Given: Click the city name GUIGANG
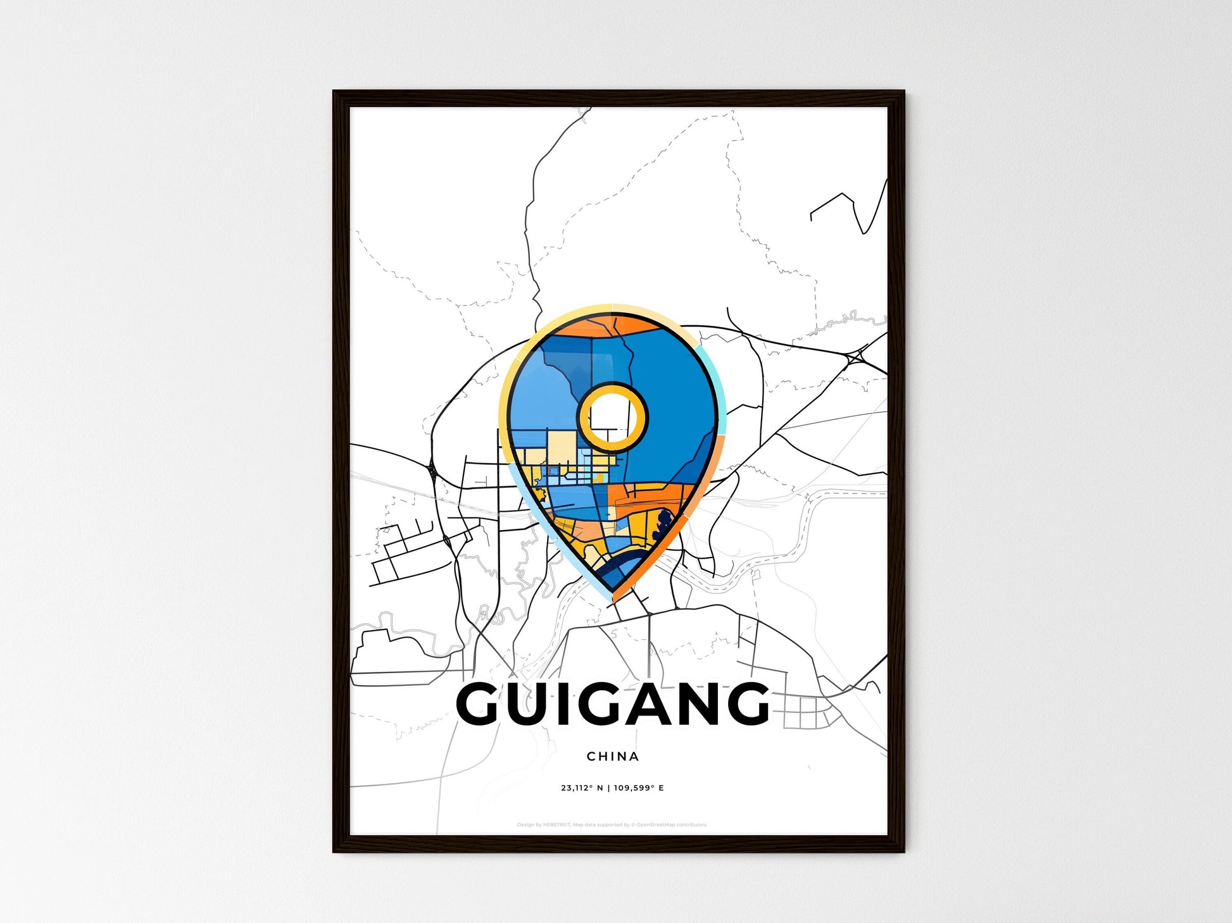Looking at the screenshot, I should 612,703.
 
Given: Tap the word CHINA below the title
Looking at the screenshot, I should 612,756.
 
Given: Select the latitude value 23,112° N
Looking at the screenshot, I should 581,788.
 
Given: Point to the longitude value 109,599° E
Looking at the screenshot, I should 639,788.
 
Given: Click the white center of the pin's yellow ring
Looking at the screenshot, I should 612,417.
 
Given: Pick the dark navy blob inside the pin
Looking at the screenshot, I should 662,524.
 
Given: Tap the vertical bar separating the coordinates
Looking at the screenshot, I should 608,788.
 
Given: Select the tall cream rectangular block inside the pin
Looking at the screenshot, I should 562,450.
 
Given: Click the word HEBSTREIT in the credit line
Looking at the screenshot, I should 556,825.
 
